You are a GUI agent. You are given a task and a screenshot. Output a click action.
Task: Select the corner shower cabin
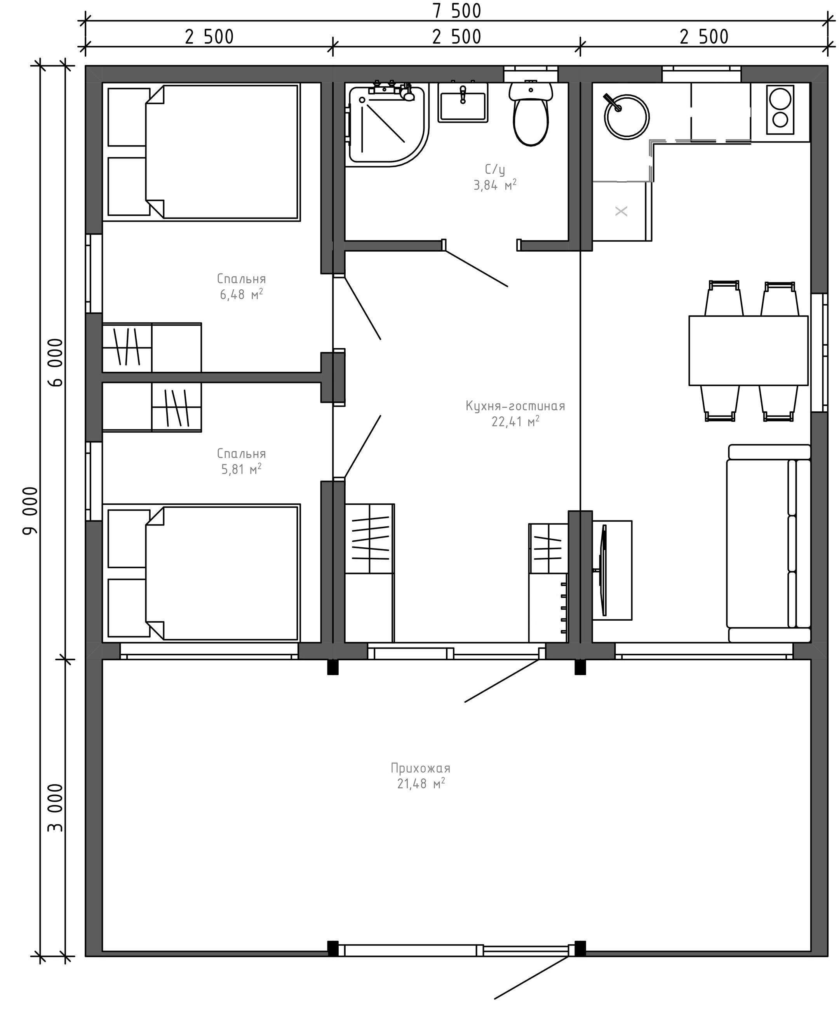tap(386, 125)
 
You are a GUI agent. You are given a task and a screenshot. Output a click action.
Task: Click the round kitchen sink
tap(627, 117)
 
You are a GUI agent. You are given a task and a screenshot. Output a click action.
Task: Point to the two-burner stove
tap(780, 110)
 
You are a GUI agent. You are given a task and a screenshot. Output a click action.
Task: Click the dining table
tap(748, 350)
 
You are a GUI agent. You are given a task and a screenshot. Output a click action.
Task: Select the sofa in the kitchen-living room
tap(768, 543)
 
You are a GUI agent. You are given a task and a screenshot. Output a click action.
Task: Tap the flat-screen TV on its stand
tap(603, 570)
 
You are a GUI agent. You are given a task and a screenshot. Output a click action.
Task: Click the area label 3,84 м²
tap(495, 185)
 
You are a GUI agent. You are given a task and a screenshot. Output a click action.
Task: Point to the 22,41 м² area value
tap(515, 421)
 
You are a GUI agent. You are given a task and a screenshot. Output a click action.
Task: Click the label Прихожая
tap(420, 768)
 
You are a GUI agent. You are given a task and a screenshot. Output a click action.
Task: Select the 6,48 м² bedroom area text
tap(241, 294)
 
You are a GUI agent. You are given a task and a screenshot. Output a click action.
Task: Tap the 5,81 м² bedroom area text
tap(241, 469)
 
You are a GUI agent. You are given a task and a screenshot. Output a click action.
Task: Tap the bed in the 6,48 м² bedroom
tap(204, 152)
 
